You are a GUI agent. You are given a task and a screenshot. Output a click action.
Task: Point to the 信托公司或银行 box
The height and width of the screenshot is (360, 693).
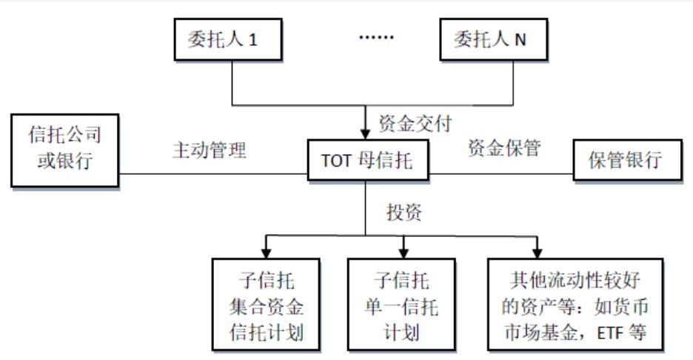coord(66,148)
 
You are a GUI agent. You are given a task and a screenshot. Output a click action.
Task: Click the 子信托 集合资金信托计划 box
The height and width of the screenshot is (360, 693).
coord(266,304)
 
